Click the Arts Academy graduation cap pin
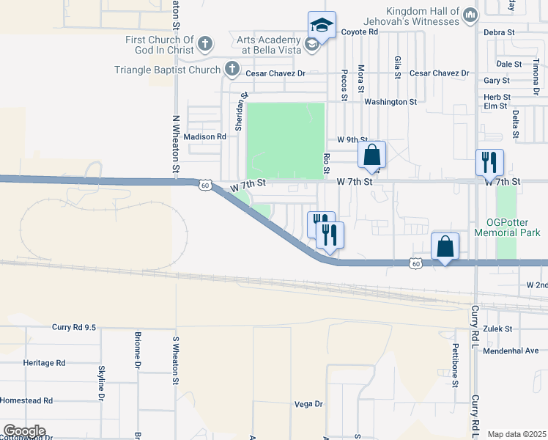tap(322, 24)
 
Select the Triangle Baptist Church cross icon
tap(232, 70)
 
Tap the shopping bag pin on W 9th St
tap(371, 155)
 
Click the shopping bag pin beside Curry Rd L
tap(445, 246)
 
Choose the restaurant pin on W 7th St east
tap(489, 161)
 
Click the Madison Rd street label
tap(204, 136)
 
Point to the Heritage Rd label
tap(44, 363)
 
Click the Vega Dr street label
tap(308, 404)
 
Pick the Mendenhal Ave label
tap(511, 351)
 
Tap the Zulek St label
tap(497, 329)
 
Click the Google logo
tap(24, 431)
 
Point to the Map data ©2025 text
tap(516, 434)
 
